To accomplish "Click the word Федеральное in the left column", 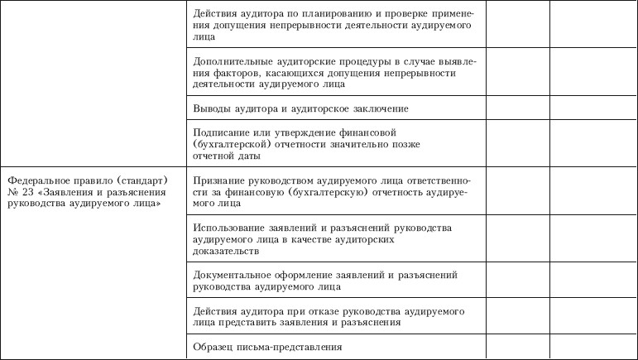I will pos(38,180).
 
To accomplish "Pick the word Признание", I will pos(218,180).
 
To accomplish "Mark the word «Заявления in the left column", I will pos(60,191).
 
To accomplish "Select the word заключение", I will pos(379,108).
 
